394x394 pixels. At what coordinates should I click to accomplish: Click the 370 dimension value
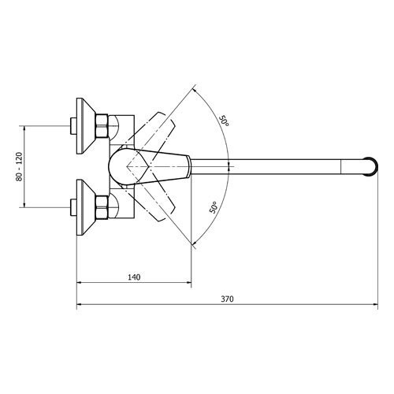click(x=227, y=299)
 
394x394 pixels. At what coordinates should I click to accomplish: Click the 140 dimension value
click(x=134, y=277)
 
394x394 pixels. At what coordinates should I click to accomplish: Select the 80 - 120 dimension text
click(x=20, y=166)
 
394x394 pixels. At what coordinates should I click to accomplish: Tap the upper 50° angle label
click(x=224, y=121)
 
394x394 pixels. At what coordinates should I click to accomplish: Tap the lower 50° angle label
click(x=214, y=207)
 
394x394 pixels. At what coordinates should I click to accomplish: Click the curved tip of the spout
click(x=373, y=166)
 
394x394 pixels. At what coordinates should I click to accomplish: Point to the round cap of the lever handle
click(x=118, y=166)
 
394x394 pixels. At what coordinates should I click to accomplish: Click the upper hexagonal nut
click(x=102, y=125)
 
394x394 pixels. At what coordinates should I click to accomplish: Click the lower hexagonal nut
click(x=102, y=207)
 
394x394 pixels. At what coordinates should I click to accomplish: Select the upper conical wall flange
click(x=86, y=126)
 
